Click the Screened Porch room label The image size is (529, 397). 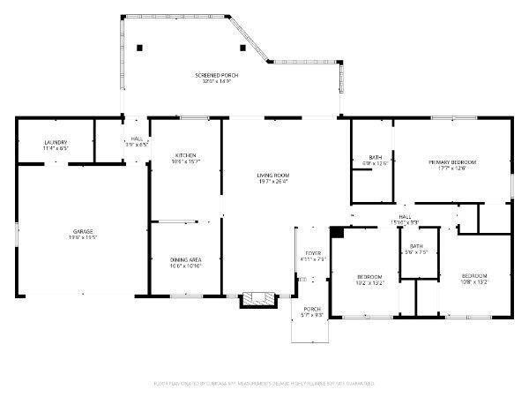click(216, 76)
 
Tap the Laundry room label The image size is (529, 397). click(56, 142)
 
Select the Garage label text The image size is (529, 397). click(83, 231)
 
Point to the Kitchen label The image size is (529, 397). click(184, 155)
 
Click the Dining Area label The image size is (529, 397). click(186, 259)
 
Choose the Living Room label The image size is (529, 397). click(273, 176)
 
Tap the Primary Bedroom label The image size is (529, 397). click(452, 162)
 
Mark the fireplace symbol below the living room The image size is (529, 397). click(258, 299)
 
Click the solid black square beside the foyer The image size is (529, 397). click(336, 232)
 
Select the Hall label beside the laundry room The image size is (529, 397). click(136, 139)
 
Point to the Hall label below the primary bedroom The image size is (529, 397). click(405, 216)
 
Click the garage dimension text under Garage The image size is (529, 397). click(83, 237)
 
